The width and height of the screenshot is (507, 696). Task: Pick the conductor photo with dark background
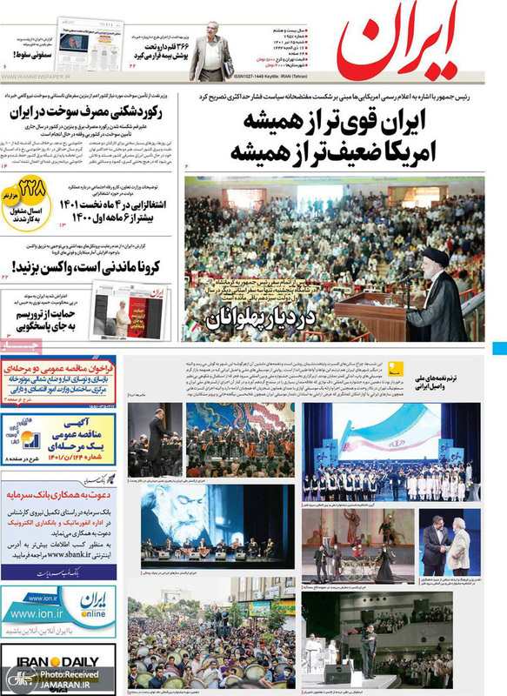(x=155, y=438)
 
